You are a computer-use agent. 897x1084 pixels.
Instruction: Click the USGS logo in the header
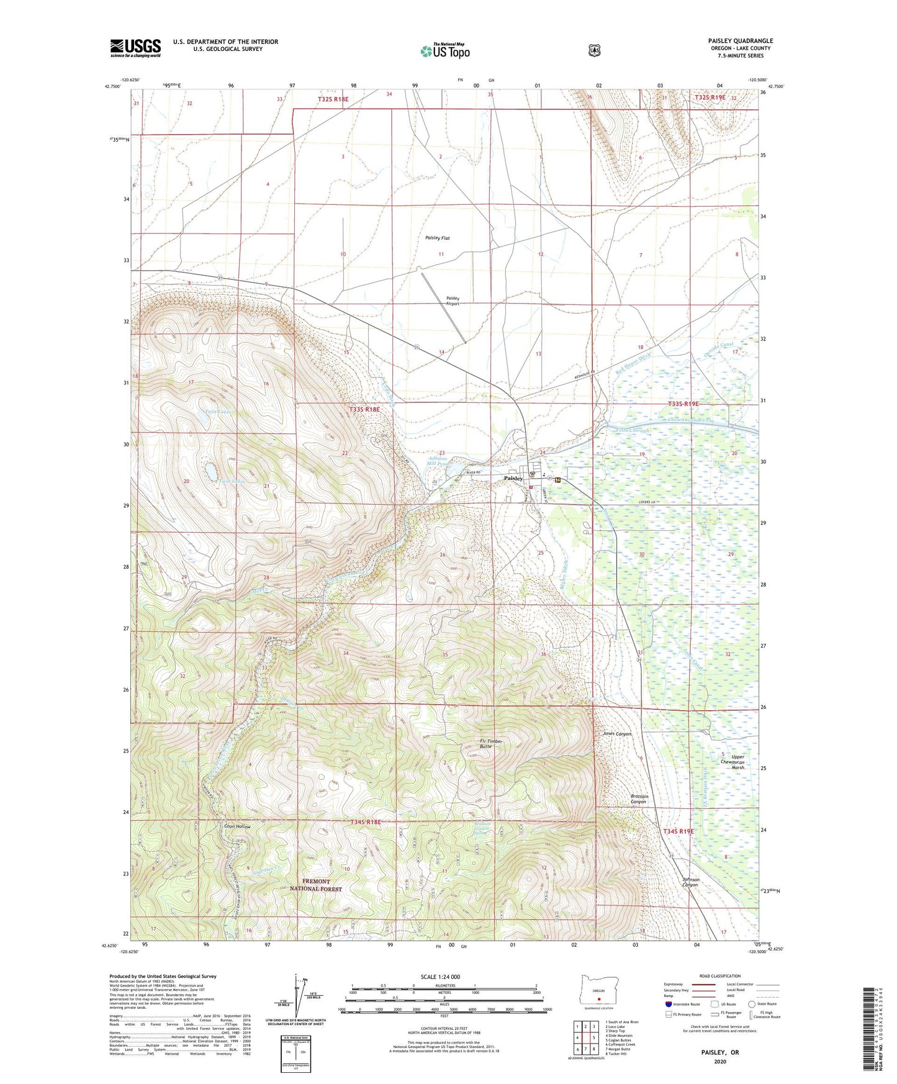pyautogui.click(x=135, y=47)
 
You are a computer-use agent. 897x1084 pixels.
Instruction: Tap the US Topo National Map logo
pyautogui.click(x=444, y=50)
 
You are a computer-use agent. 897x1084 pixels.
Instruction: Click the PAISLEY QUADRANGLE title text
pyautogui.click(x=740, y=41)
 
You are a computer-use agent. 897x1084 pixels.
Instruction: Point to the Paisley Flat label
pyautogui.click(x=438, y=238)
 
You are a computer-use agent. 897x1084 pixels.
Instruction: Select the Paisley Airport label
pyautogui.click(x=453, y=301)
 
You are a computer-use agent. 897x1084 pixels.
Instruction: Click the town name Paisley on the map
pyautogui.click(x=513, y=479)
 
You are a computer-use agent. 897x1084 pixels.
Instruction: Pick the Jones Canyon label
pyautogui.click(x=617, y=734)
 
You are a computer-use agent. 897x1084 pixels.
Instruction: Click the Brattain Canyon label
pyautogui.click(x=635, y=799)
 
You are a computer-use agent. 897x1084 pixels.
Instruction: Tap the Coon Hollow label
pyautogui.click(x=237, y=827)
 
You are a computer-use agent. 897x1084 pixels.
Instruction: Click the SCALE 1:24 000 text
pyautogui.click(x=440, y=977)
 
